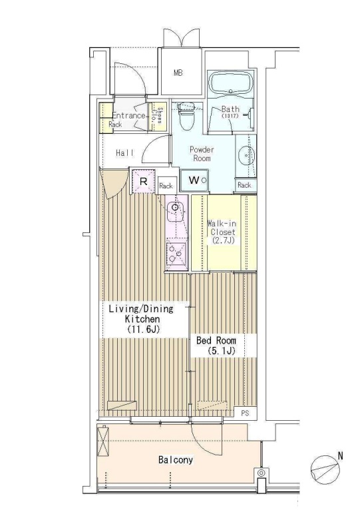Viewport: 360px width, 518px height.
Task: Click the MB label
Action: (x=178, y=73)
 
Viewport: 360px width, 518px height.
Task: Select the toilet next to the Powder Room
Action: (x=186, y=117)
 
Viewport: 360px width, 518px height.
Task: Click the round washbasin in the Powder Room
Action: (x=246, y=154)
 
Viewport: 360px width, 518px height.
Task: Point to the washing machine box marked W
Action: (x=194, y=180)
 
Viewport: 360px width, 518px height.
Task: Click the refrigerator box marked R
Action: (x=143, y=181)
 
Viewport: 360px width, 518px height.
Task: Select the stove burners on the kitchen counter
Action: (x=176, y=253)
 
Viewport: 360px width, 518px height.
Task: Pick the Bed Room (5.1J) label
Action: (x=216, y=346)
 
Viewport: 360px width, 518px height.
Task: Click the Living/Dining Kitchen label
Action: (x=141, y=319)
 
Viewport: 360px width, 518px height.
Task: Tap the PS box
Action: (x=245, y=413)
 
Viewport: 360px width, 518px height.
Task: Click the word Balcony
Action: (x=176, y=460)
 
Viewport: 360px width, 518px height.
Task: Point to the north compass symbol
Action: (x=325, y=469)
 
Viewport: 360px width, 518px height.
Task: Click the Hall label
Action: (x=125, y=153)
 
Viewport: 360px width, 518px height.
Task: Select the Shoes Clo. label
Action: (x=157, y=115)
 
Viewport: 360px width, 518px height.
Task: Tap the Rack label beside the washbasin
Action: (x=244, y=185)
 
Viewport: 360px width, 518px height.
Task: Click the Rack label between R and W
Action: (x=166, y=186)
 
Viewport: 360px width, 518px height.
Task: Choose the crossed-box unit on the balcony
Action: (x=102, y=441)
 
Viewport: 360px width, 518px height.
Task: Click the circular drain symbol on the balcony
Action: (x=262, y=473)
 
